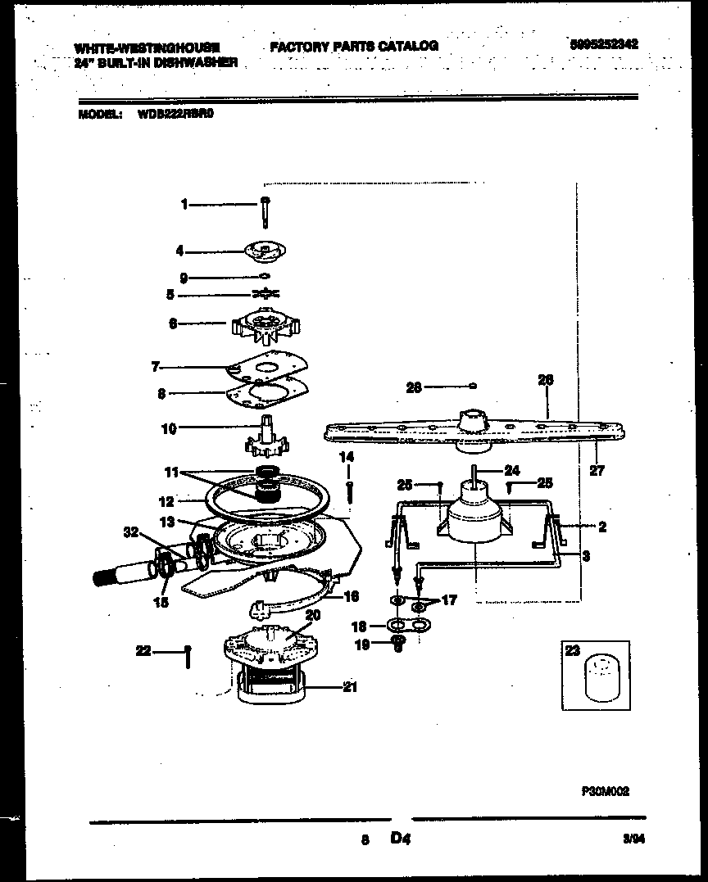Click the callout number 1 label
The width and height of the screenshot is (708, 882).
pyautogui.click(x=185, y=205)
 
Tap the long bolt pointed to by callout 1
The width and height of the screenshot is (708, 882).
pyautogui.click(x=265, y=211)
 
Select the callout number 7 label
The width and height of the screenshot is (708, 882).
pyautogui.click(x=155, y=366)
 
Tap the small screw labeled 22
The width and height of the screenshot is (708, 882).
pyautogui.click(x=188, y=654)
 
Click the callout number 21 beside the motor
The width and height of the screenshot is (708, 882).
pyautogui.click(x=350, y=688)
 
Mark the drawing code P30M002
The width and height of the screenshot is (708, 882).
pyautogui.click(x=605, y=792)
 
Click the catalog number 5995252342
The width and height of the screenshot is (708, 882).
pyautogui.click(x=604, y=46)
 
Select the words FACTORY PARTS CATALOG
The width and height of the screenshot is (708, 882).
pyautogui.click(x=354, y=47)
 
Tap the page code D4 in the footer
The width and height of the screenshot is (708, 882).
pyautogui.click(x=400, y=839)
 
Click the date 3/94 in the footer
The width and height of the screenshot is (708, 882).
pyautogui.click(x=632, y=839)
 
